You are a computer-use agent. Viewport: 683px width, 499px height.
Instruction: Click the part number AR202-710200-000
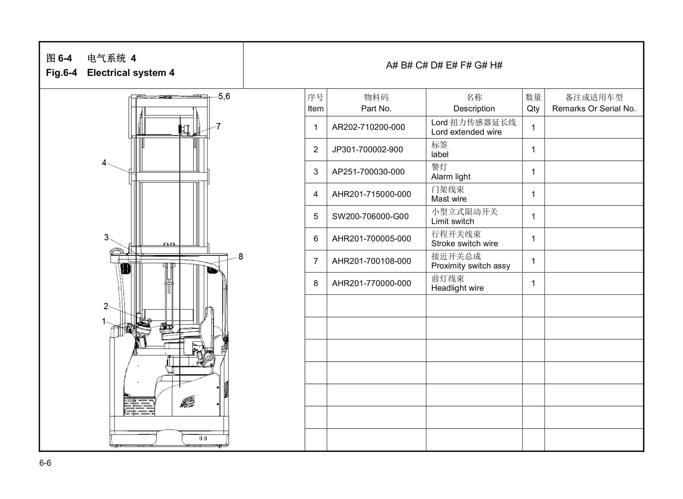point(368,127)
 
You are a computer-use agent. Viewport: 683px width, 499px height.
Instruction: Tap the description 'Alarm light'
point(450,177)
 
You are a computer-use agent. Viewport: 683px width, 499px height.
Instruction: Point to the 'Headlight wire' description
point(457,288)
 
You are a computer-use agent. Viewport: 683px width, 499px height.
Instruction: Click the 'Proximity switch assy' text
point(471,266)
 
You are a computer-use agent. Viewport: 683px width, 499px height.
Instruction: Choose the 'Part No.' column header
point(376,109)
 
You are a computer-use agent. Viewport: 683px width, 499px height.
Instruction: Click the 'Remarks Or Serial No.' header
point(594,109)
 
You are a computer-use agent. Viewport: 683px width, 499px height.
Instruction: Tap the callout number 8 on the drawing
point(241,257)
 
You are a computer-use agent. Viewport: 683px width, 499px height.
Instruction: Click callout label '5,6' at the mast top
point(224,96)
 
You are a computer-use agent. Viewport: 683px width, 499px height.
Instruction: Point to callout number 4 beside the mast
point(104,163)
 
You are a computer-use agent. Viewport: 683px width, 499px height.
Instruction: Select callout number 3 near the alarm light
point(106,237)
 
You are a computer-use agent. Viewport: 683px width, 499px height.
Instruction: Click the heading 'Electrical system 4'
point(131,73)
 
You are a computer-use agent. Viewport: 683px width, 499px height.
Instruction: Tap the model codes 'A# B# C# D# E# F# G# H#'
point(444,65)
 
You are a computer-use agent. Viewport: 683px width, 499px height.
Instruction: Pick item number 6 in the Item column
point(316,239)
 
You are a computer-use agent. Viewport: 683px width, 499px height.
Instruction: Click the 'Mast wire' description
point(449,199)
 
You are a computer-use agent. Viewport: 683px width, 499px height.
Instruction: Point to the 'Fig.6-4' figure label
point(61,73)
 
